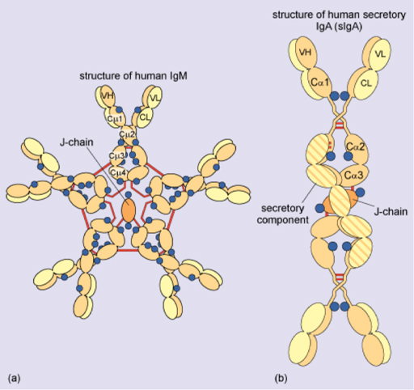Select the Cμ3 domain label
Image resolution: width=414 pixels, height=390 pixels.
tap(117, 155)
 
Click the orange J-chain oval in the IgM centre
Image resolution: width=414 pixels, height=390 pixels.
tap(129, 210)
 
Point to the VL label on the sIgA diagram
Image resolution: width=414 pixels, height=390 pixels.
tap(382, 54)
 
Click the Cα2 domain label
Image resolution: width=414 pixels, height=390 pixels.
tap(357, 146)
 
